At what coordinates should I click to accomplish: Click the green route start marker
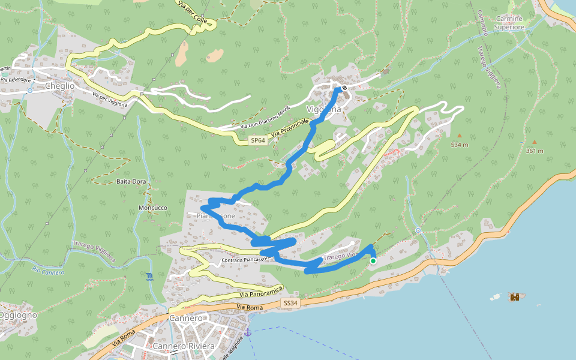373,261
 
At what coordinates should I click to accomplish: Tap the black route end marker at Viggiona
344,88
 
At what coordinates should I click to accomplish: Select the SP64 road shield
257,140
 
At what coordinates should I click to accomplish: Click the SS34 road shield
290,304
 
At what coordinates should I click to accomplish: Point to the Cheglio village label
60,86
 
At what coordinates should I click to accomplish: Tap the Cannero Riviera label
184,347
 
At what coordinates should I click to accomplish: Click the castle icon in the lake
514,297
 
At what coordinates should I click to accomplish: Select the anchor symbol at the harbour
247,332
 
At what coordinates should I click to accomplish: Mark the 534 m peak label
460,145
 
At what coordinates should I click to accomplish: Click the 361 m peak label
534,151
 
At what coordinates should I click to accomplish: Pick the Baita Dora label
131,181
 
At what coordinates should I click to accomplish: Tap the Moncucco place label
152,208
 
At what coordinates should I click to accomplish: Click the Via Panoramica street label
260,294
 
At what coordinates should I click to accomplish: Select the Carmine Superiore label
509,23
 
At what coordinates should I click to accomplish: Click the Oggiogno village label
18,315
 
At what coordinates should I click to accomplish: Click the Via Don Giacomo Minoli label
265,118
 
